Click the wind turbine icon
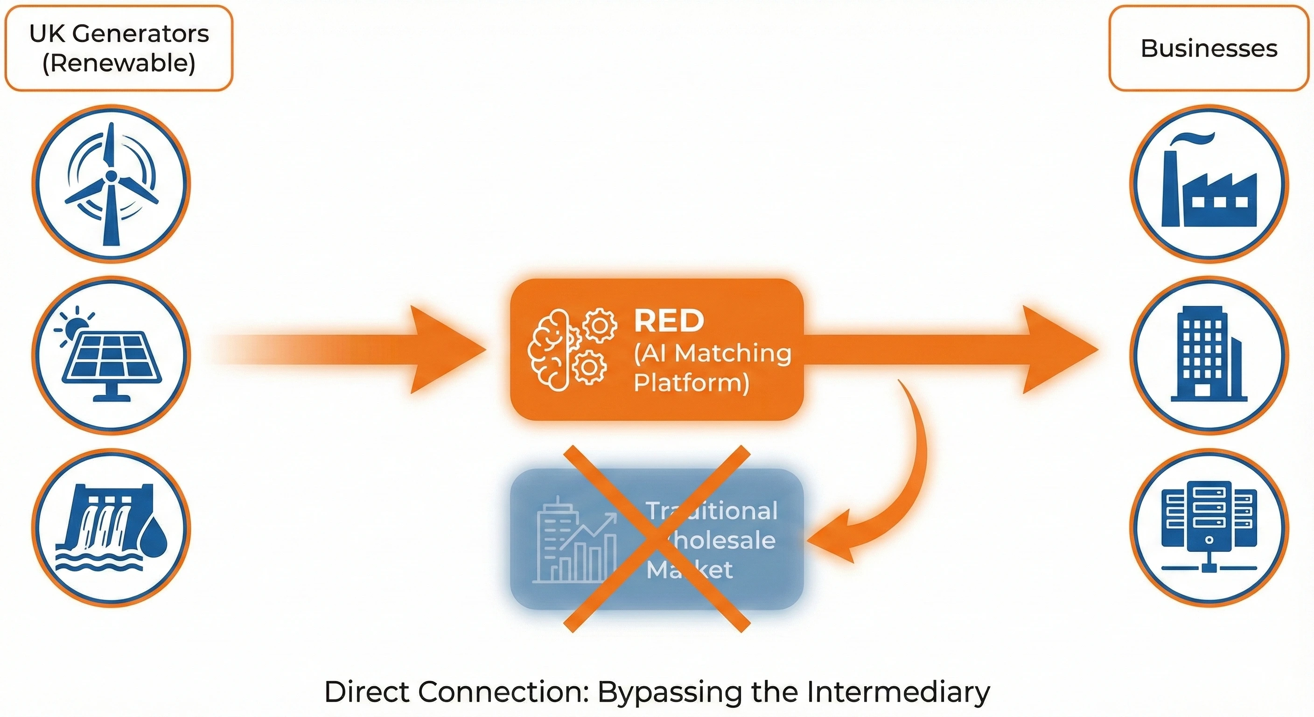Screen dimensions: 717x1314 (x=111, y=184)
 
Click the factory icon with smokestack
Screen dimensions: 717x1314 (x=1209, y=184)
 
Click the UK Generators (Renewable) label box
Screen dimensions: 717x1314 (x=119, y=49)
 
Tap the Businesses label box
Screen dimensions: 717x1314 (x=1209, y=49)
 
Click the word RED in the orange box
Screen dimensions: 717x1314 (x=669, y=321)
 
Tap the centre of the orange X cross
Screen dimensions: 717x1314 (x=657, y=539)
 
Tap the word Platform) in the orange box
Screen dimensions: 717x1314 (x=691, y=383)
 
